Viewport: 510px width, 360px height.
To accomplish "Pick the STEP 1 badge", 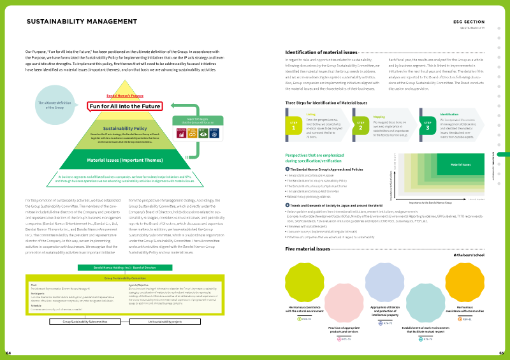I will pyautogui.click(x=295, y=125).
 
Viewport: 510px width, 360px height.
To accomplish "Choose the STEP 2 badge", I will pyautogui.click(x=360, y=125).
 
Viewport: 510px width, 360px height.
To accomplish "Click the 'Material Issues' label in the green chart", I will pyautogui.click(x=460, y=165).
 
